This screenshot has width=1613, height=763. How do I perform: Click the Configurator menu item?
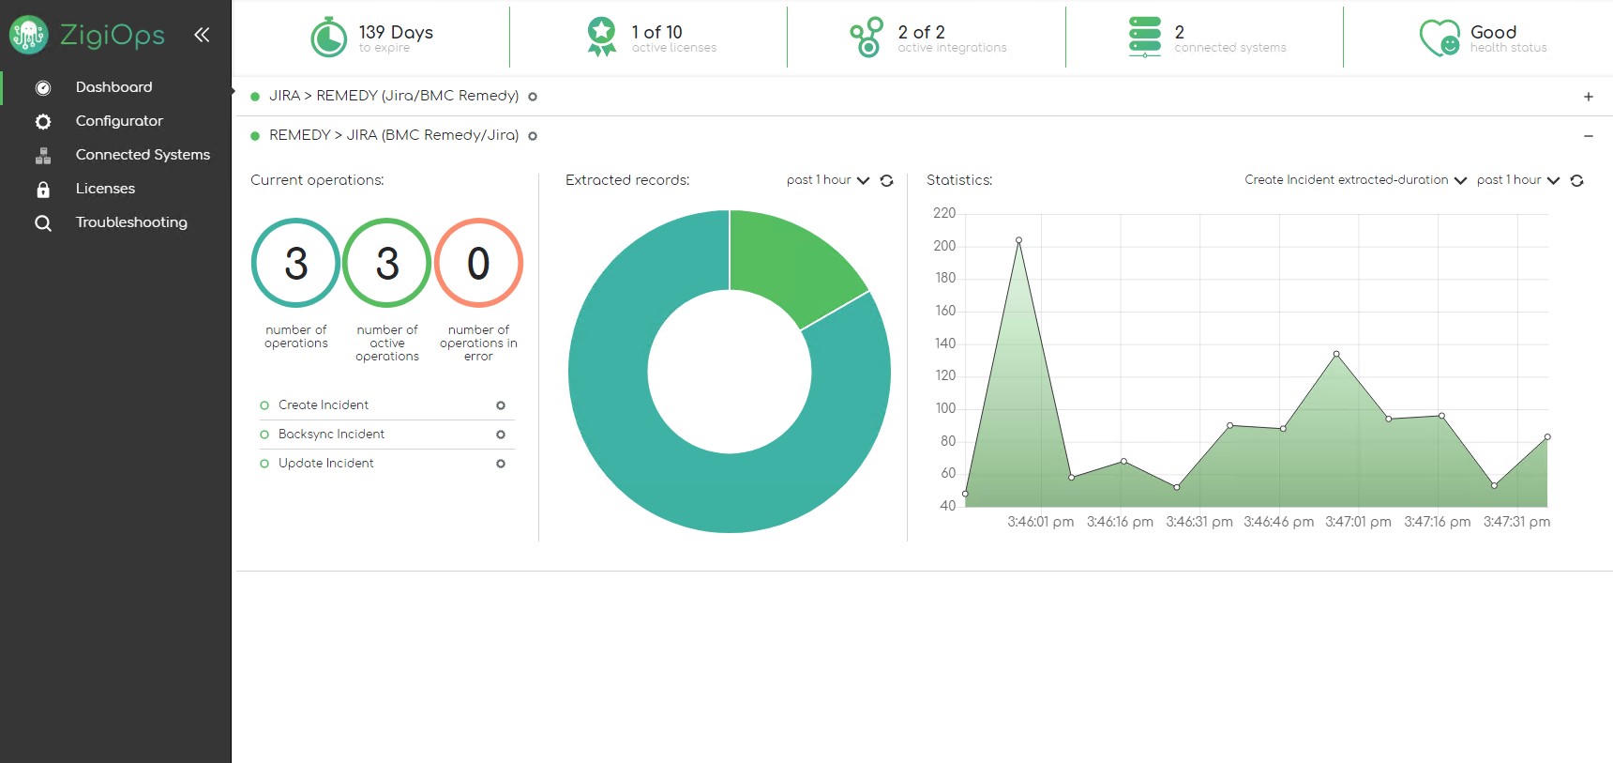118,121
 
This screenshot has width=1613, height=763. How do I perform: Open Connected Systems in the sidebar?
142,155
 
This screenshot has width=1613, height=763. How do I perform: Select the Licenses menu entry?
105,189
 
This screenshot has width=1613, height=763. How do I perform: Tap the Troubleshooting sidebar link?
130,222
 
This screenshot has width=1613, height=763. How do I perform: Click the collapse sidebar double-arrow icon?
202,36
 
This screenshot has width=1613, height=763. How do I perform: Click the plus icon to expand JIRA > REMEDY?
1588,97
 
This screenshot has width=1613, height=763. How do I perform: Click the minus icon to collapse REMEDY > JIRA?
1588,136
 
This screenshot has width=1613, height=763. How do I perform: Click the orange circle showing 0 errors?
478,264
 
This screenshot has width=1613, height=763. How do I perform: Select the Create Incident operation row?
324,405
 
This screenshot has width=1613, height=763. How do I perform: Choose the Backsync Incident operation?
331,435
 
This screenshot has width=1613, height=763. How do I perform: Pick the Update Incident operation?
325,464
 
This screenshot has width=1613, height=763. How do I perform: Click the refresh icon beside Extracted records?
886,181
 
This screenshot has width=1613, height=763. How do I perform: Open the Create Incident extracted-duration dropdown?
1355,180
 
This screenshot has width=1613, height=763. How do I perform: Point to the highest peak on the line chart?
1018,241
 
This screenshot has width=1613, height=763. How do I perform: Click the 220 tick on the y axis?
943,214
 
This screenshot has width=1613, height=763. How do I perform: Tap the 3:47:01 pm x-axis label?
1357,522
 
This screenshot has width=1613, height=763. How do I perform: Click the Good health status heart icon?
1439,38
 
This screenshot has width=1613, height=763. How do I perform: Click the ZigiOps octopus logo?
28,36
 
